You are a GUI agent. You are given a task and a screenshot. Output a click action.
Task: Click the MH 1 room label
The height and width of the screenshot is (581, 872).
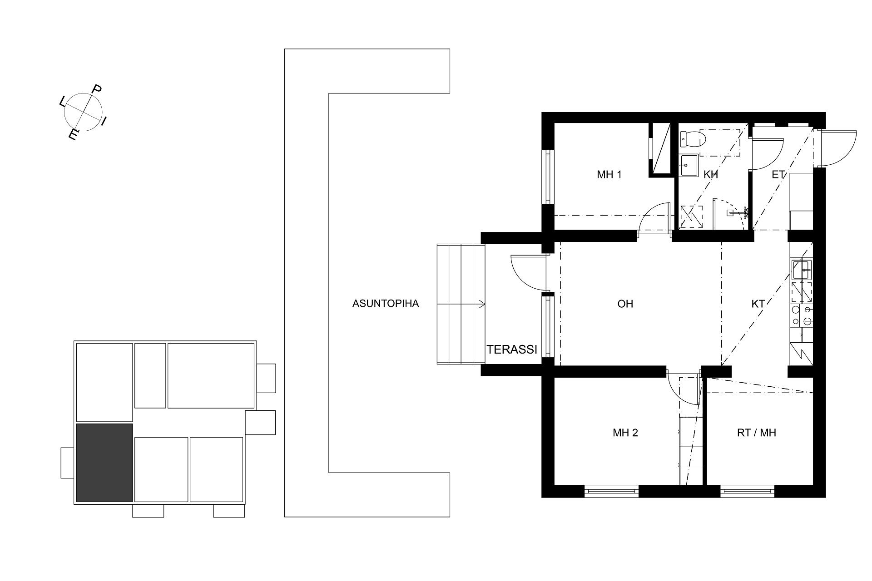(x=609, y=175)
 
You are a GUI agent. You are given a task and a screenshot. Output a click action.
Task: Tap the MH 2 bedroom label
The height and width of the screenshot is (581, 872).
(x=625, y=433)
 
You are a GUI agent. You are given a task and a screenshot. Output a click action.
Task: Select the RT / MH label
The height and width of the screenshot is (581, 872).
(x=756, y=433)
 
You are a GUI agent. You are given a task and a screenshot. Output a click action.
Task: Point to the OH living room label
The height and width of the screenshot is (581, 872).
(x=625, y=304)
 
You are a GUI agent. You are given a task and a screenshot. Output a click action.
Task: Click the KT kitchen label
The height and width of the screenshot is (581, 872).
(x=758, y=304)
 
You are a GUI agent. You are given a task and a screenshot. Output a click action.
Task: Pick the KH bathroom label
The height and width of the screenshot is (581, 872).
(x=711, y=175)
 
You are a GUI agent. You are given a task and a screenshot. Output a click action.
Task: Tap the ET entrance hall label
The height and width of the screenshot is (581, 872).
(x=778, y=175)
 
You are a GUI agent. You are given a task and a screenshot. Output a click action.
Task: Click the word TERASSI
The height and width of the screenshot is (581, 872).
(x=512, y=350)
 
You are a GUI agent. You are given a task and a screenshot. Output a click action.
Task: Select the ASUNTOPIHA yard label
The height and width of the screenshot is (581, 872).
(x=386, y=304)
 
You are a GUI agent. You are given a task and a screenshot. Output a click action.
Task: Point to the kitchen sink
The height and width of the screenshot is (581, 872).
(x=802, y=269)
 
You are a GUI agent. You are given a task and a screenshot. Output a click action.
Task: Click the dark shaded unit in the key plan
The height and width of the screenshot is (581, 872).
(x=104, y=463)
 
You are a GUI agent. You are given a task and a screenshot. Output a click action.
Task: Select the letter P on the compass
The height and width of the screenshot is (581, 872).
(x=97, y=89)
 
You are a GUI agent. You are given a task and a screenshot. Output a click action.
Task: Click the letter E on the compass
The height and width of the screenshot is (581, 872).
(x=72, y=135)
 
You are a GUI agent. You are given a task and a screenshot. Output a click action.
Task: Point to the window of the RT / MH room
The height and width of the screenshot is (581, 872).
(x=747, y=491)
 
